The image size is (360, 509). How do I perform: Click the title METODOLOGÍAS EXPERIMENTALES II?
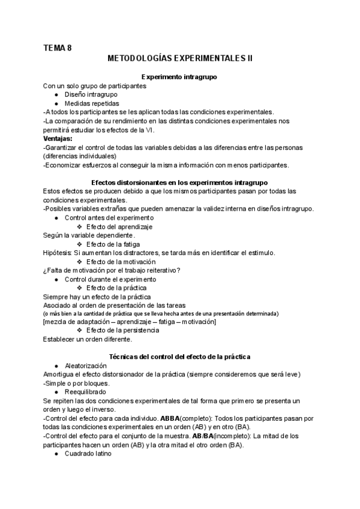click(179, 59)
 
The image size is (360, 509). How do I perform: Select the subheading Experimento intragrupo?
click(179, 77)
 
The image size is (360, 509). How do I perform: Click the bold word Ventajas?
click(58, 139)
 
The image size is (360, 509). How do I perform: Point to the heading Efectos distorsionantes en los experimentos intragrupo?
click(179, 182)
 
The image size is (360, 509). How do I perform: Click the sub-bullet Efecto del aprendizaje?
click(119, 227)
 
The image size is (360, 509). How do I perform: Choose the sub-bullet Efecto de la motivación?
click(121, 262)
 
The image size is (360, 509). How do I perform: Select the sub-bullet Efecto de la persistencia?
click(123, 330)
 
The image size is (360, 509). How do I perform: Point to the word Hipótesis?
click(58, 253)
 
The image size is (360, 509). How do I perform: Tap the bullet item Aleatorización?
click(86, 366)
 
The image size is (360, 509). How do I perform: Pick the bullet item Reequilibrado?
click(85, 391)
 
